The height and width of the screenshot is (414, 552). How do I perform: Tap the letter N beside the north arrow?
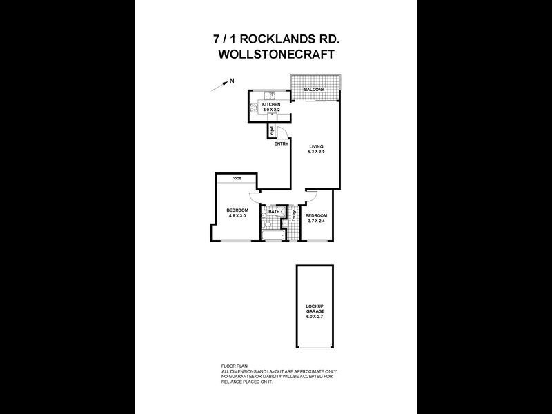232,81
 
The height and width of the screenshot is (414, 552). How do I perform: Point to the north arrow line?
220,86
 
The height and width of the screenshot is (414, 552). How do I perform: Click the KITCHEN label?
270,104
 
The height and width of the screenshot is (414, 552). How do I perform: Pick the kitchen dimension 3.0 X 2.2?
270,109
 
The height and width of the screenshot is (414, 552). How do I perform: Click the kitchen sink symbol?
272,95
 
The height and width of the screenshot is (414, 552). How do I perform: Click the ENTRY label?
281,144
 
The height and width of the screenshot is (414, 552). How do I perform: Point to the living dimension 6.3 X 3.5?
317,152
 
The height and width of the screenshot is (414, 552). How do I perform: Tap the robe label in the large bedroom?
237,178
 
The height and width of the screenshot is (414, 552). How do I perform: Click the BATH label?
274,212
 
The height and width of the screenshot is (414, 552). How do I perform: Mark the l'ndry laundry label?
295,215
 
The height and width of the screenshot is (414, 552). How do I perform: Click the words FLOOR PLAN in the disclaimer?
233,366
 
